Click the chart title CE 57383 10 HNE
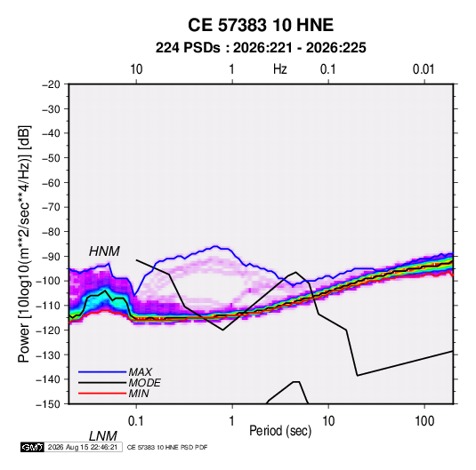(x=261, y=25)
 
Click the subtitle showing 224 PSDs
(x=261, y=48)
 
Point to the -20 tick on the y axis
(x=51, y=84)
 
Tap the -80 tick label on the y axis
(x=51, y=232)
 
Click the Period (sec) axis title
(x=280, y=431)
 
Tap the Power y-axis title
(x=24, y=244)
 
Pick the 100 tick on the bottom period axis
(x=424, y=421)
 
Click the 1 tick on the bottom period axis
(x=232, y=421)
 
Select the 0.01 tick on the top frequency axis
(x=424, y=69)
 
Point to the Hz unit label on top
(x=280, y=69)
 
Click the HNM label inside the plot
(x=104, y=251)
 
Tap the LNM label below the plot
(x=102, y=436)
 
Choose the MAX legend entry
(x=140, y=371)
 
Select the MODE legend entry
(x=144, y=383)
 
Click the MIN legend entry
(x=139, y=394)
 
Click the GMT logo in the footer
(x=33, y=447)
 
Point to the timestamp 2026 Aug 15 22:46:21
(x=83, y=447)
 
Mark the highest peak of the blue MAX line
(x=215, y=246)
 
